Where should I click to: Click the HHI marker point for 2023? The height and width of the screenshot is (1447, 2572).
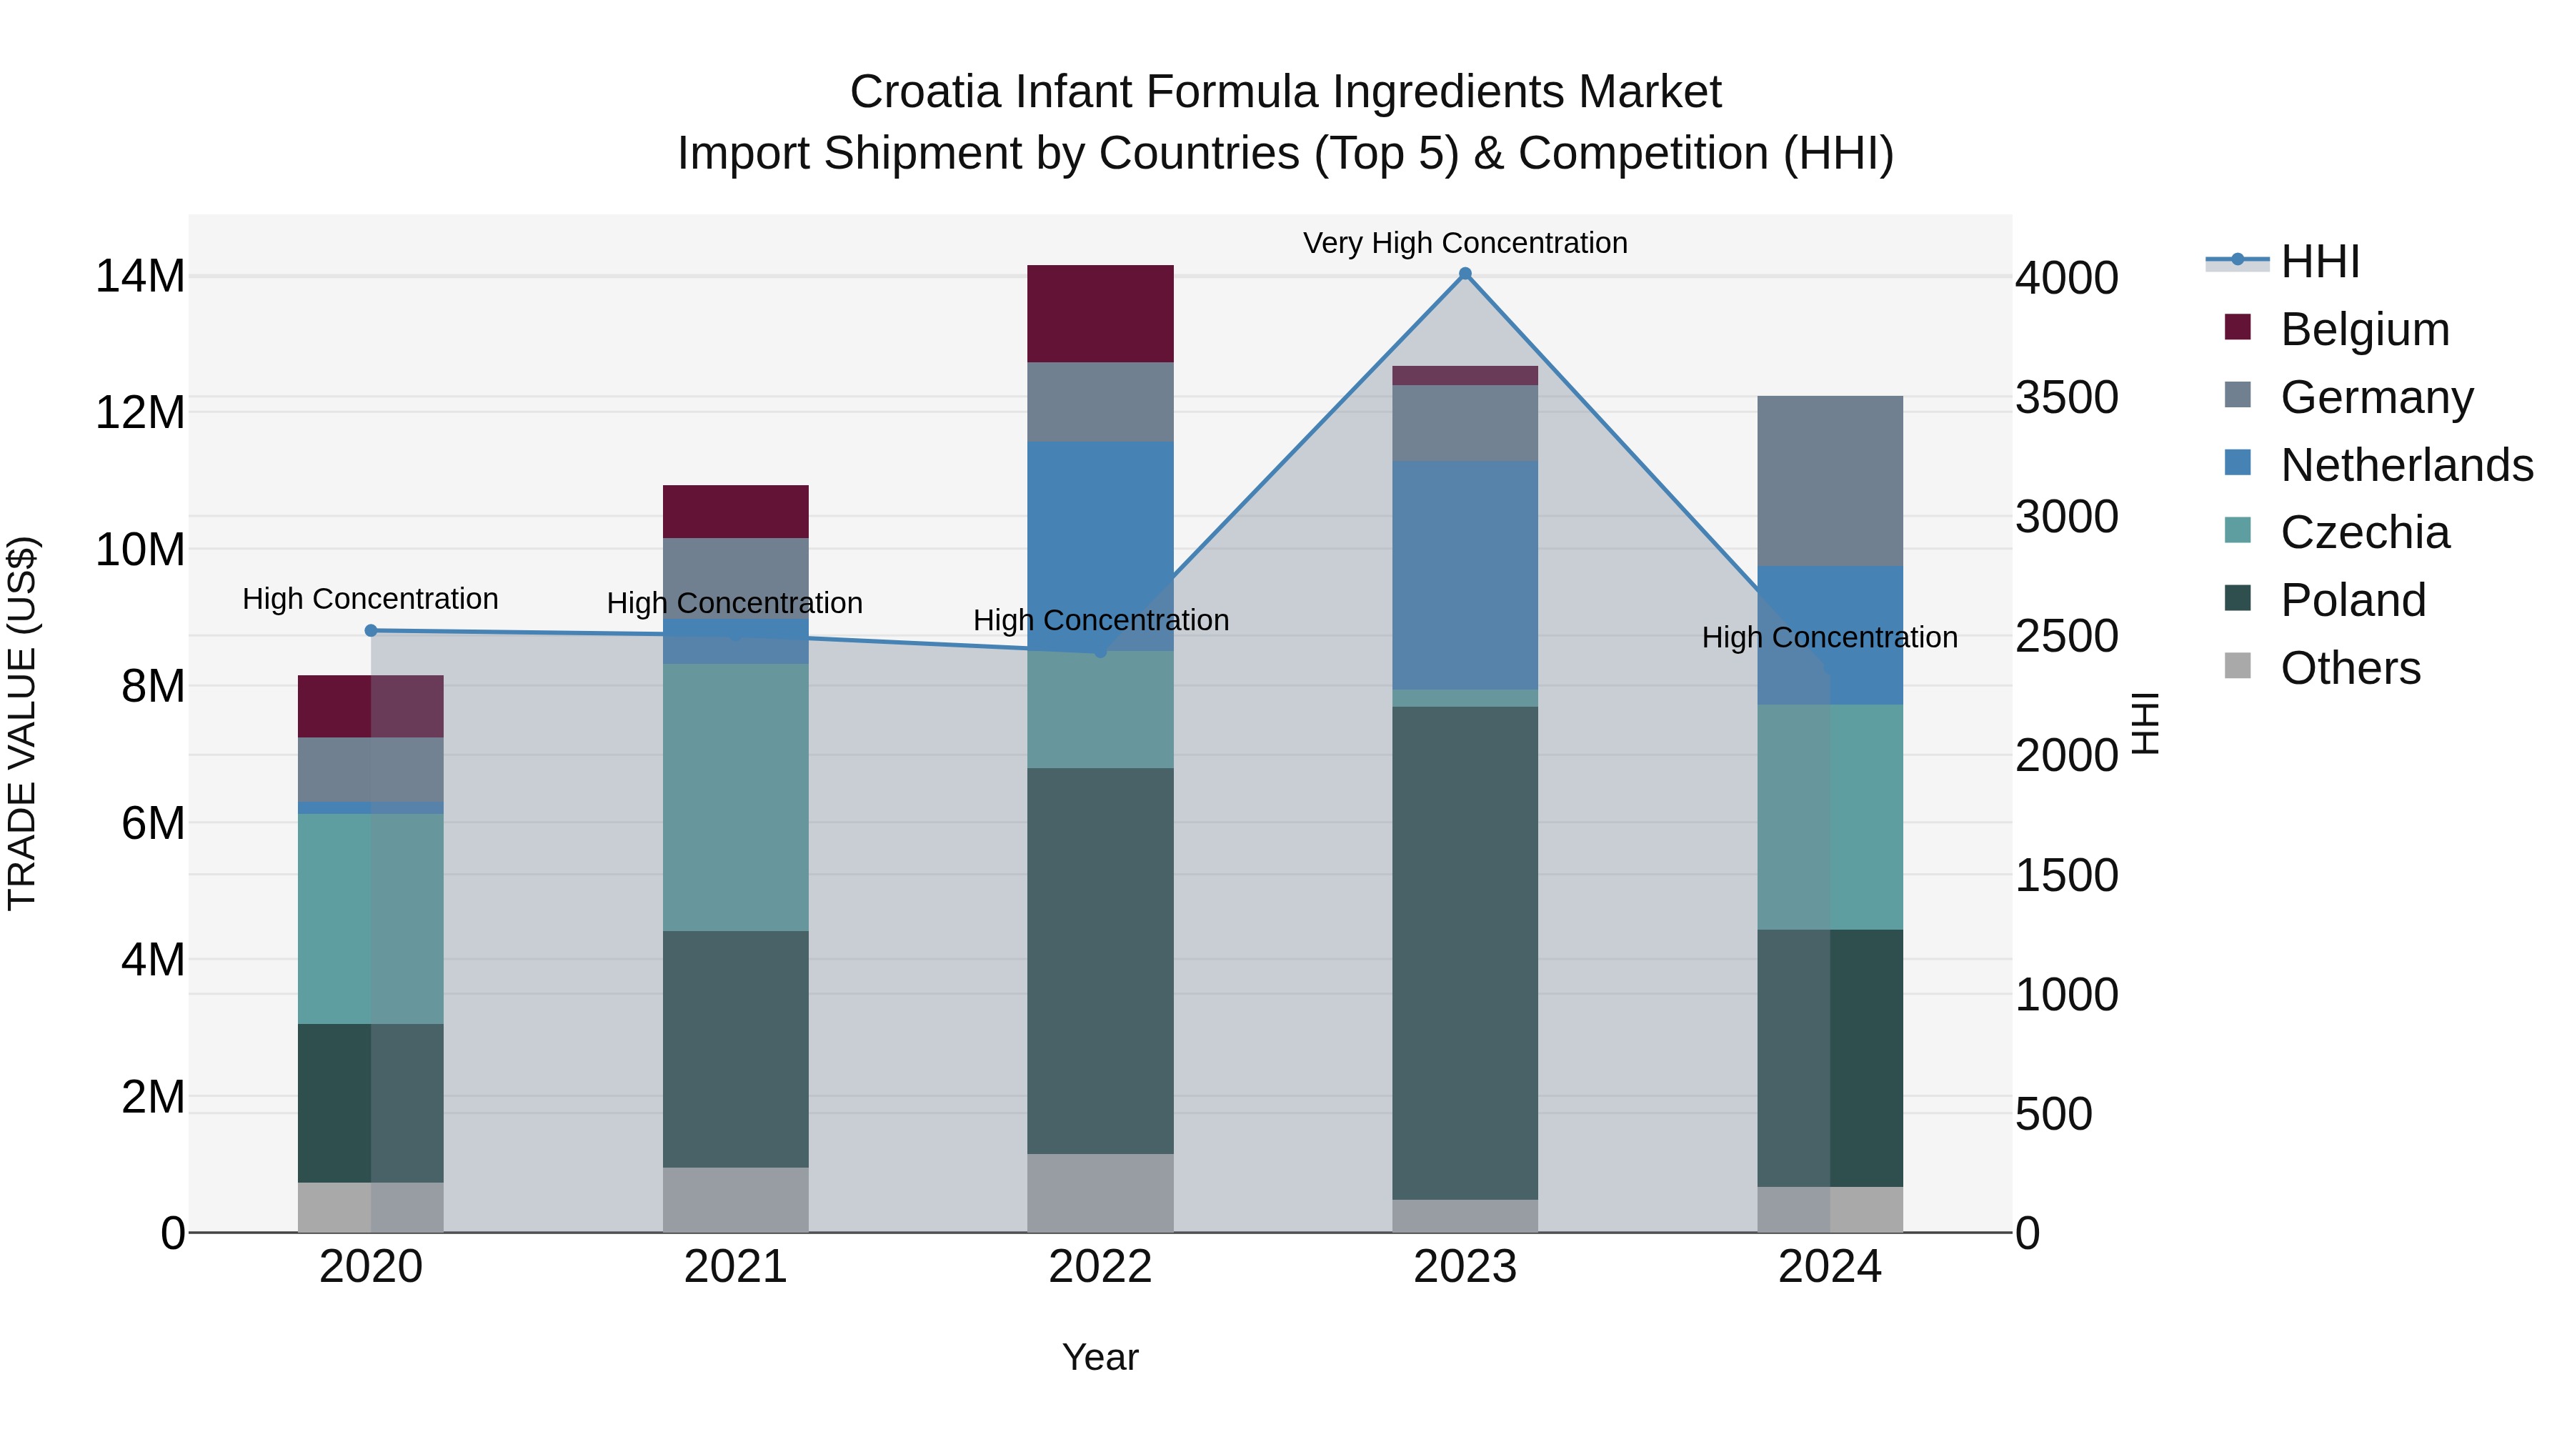point(1465,274)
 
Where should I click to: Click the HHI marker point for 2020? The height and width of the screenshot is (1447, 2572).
point(370,630)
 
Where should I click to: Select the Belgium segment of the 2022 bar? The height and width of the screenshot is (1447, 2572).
point(1100,314)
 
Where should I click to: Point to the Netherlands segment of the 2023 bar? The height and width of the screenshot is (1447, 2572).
point(1465,575)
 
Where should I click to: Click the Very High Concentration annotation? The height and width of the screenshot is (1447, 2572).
point(1465,243)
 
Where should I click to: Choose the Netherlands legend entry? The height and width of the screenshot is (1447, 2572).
point(2406,465)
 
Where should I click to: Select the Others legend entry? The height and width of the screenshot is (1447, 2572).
point(2351,668)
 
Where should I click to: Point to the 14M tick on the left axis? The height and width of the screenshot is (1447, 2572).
point(140,277)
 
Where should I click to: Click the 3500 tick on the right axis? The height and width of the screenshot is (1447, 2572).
point(2065,397)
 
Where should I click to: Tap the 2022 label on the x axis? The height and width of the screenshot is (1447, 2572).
point(1100,1267)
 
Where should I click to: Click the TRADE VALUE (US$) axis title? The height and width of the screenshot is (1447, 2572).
point(22,723)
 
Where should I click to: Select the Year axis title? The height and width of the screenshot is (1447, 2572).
point(1100,1357)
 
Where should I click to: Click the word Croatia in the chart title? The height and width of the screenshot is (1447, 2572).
point(924,92)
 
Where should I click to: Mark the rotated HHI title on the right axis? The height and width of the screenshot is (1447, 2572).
point(2145,723)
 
